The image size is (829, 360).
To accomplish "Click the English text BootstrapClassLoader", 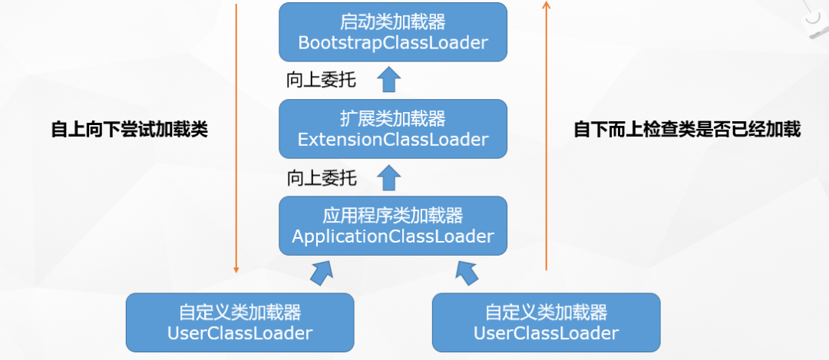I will [392, 43].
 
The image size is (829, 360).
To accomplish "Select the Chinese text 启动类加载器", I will [392, 21].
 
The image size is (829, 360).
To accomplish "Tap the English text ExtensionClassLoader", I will [392, 140].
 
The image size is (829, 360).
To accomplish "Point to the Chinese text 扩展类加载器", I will [392, 119].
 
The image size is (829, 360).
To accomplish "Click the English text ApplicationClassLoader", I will [392, 236].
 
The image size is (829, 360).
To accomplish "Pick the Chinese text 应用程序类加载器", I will [392, 215].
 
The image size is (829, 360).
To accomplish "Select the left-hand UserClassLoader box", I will [239, 323].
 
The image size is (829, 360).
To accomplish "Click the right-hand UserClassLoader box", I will [546, 323].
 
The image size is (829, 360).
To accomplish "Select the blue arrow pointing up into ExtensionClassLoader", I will [390, 177].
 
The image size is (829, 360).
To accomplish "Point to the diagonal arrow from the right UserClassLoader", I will [466, 271].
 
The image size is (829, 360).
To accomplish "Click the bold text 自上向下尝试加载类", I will [130, 130].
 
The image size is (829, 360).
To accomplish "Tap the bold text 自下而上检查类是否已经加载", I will [687, 130].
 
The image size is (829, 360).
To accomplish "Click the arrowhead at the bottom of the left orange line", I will [236, 269].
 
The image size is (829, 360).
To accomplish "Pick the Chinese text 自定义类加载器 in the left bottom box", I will [239, 312].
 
